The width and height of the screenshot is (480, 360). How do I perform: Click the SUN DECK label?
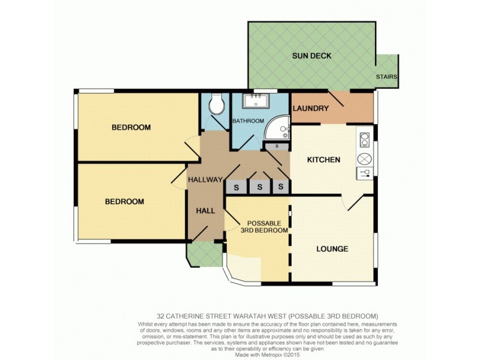tap(311, 56)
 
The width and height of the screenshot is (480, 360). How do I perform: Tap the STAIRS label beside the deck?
tap(386, 77)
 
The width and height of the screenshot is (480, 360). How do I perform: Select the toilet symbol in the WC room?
tap(215, 106)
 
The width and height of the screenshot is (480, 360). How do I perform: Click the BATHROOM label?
tap(248, 121)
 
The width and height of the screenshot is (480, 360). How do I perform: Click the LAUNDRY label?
tap(310, 109)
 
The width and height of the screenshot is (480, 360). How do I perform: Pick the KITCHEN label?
tap(323, 160)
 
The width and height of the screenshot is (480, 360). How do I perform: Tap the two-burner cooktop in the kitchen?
tap(364, 140)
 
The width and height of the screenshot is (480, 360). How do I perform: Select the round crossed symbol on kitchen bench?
tap(364, 158)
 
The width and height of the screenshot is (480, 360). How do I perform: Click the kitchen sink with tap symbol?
tap(364, 174)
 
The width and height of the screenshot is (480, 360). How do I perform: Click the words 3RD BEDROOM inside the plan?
tap(264, 230)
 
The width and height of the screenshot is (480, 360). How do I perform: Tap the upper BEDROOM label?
tap(131, 128)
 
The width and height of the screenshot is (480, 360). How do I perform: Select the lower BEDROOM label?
tap(124, 202)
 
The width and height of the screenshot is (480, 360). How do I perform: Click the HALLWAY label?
tap(205, 180)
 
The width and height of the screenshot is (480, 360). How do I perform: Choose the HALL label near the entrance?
tap(206, 211)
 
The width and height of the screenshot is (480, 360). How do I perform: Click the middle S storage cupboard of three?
tap(260, 187)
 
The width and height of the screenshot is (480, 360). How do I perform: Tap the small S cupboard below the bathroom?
tap(276, 146)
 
